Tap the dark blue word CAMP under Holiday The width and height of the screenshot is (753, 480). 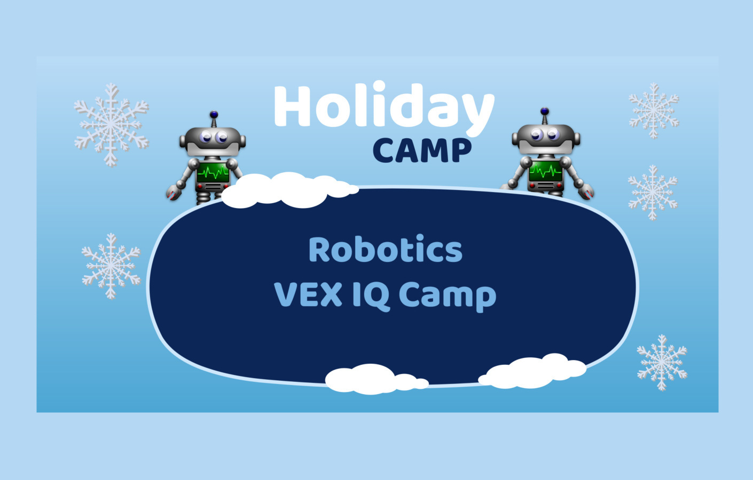422,150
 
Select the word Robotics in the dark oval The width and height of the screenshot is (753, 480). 385,250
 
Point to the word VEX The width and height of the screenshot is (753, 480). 308,294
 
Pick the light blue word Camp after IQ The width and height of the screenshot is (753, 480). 448,296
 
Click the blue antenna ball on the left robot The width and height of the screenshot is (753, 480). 214,114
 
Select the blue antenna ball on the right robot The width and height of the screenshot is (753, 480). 544,111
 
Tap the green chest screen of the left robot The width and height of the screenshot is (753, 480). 213,173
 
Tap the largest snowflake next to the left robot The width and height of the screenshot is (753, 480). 111,124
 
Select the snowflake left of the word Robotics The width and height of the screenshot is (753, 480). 111,265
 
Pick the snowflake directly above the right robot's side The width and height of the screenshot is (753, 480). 653,110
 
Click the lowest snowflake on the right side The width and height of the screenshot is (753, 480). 662,362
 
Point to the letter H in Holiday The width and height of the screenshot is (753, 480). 293,107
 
